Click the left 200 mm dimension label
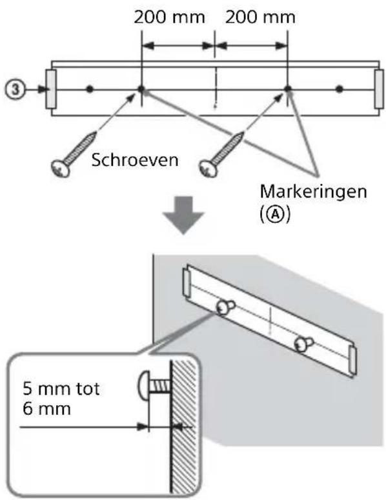coord(170,17)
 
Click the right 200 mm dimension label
coord(260,17)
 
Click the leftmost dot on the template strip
coord(90,88)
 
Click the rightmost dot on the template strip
coord(340,88)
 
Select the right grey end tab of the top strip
coord(378,88)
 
